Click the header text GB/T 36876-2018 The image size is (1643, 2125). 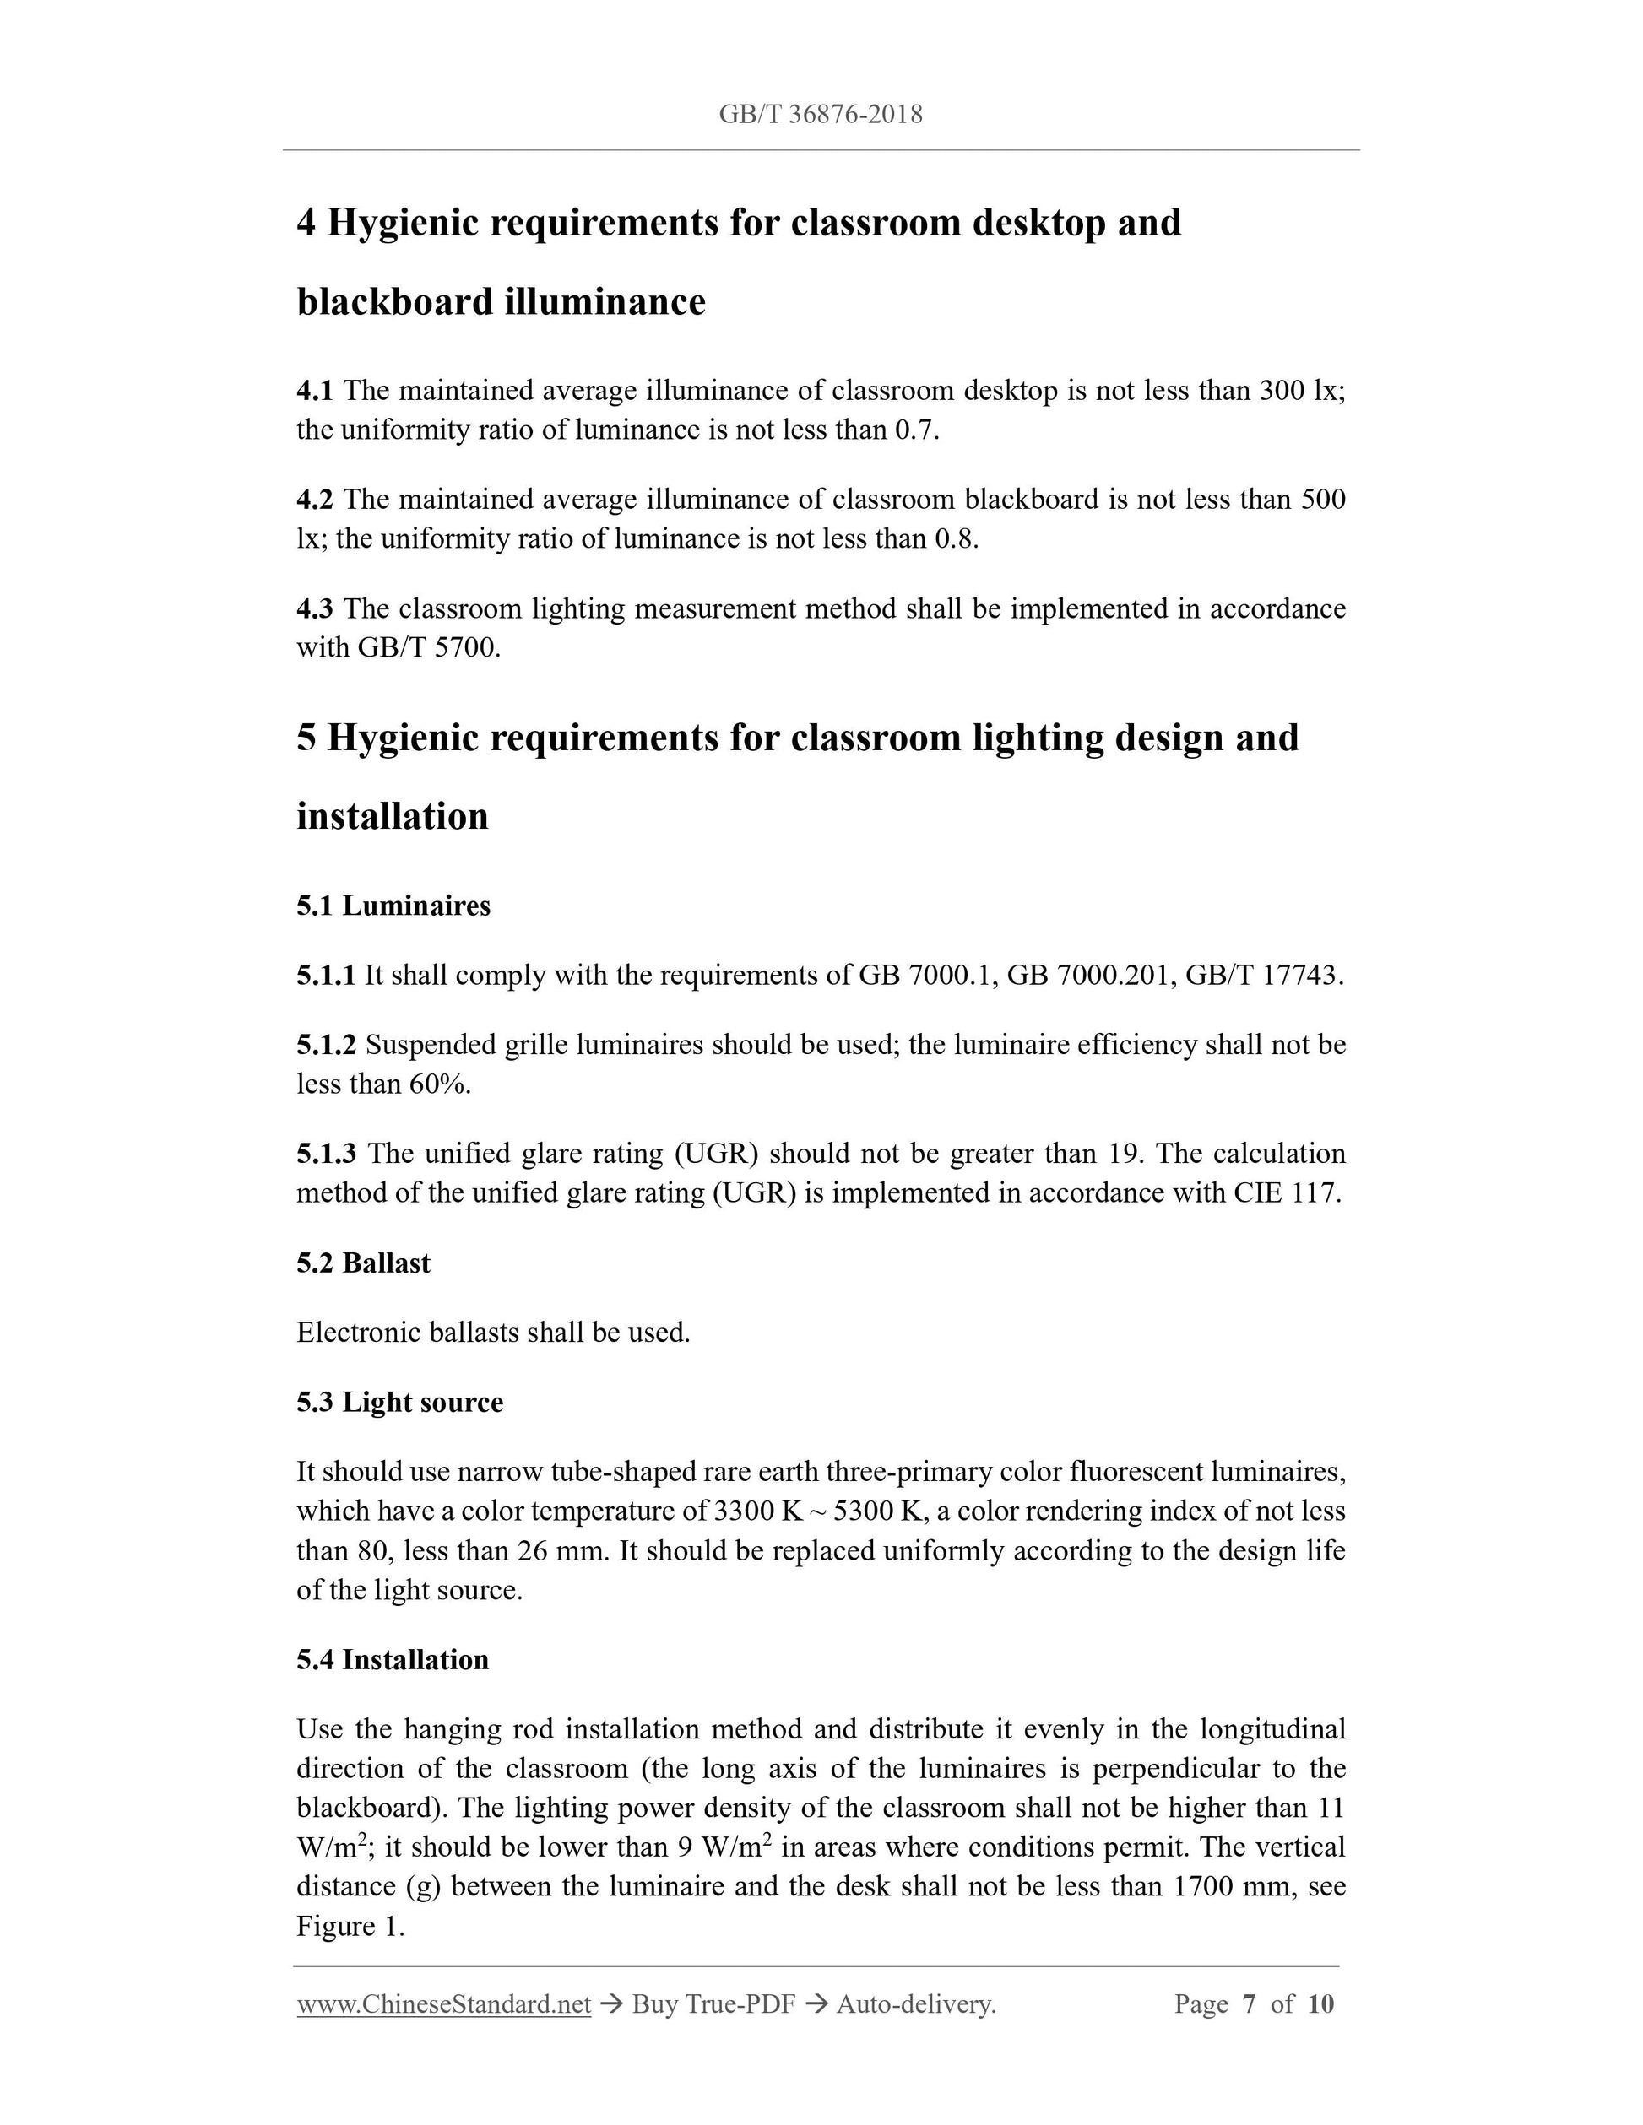[x=821, y=115]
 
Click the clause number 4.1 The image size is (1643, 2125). [x=314, y=391]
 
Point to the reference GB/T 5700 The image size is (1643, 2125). [x=428, y=648]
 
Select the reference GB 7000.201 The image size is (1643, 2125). [x=1081, y=975]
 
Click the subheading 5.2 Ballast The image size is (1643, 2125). [x=363, y=1263]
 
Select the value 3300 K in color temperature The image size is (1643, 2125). [x=757, y=1511]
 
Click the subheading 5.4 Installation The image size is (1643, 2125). [x=393, y=1659]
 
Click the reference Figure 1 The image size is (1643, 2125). [x=350, y=1927]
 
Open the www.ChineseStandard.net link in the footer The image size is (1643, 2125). [x=444, y=2004]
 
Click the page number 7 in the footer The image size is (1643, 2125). [x=1249, y=2004]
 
